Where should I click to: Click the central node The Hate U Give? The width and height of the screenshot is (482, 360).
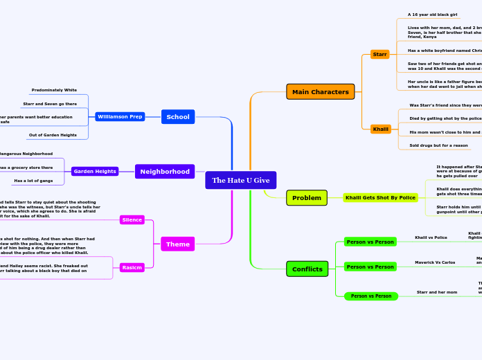tap(240, 180)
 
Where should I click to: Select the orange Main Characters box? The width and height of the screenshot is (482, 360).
tap(320, 91)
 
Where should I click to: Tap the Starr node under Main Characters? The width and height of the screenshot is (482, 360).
tap(380, 54)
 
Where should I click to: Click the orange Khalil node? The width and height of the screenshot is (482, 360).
tap(380, 129)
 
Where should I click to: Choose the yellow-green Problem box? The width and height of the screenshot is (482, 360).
tap(306, 197)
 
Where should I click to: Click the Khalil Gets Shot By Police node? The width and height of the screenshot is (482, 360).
tap(381, 197)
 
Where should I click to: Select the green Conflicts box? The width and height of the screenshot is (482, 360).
tap(307, 269)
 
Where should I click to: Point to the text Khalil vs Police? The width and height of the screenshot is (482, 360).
tap(430, 237)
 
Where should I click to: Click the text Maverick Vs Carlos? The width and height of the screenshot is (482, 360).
tap(434, 262)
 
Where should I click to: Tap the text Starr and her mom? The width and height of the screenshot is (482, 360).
tap(436, 292)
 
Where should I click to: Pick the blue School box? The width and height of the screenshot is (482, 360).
tap(178, 116)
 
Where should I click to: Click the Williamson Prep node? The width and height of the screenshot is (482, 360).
tap(120, 116)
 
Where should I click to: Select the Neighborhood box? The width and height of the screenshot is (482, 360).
tap(165, 171)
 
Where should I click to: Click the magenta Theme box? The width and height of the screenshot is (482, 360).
tap(177, 244)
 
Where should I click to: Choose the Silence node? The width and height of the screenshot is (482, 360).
tap(132, 219)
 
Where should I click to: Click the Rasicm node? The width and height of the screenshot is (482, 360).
tap(132, 267)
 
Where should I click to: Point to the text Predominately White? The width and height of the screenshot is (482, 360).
tap(54, 90)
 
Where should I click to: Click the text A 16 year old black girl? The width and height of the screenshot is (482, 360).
tap(432, 15)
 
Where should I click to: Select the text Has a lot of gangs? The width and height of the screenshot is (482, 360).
tap(33, 181)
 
